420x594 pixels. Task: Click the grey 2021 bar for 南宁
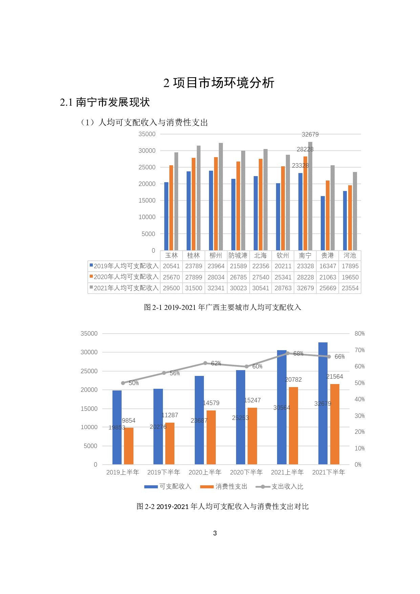click(310, 196)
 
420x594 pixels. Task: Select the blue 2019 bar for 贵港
click(323, 223)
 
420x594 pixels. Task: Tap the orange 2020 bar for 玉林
click(171, 208)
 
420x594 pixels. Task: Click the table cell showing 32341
click(216, 288)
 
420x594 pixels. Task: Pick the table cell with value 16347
click(328, 266)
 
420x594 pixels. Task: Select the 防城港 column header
click(238, 256)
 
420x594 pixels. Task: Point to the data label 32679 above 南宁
click(310, 134)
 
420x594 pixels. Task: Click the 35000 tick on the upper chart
click(147, 134)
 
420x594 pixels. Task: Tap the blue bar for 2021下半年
click(323, 403)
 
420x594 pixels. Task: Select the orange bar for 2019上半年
click(129, 446)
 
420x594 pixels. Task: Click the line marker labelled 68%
click(288, 353)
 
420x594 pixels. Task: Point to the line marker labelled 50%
click(123, 383)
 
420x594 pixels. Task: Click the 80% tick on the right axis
click(360, 334)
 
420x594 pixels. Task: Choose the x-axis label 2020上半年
click(205, 472)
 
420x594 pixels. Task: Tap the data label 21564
click(335, 377)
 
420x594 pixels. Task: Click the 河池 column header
click(350, 256)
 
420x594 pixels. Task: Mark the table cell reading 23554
click(350, 288)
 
